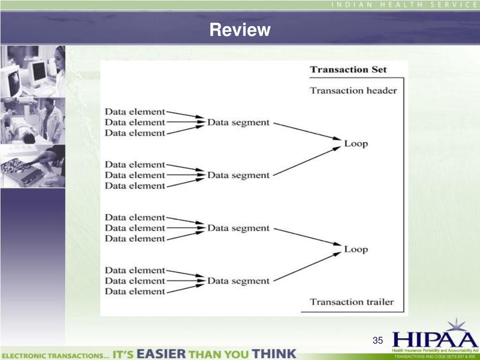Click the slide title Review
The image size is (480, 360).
[x=240, y=30]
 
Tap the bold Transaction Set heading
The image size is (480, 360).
[x=348, y=69]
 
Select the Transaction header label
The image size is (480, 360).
[x=353, y=90]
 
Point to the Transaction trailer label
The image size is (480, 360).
[x=352, y=302]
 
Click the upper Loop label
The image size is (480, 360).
[x=356, y=143]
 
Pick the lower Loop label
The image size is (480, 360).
[x=356, y=249]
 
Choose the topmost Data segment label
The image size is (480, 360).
[x=239, y=122]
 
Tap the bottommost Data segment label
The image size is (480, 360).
[x=239, y=281]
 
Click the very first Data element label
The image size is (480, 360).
[x=135, y=112]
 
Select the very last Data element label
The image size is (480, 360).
[x=135, y=292]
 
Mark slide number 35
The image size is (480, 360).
[x=378, y=340]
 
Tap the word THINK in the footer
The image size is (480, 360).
[x=274, y=353]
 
